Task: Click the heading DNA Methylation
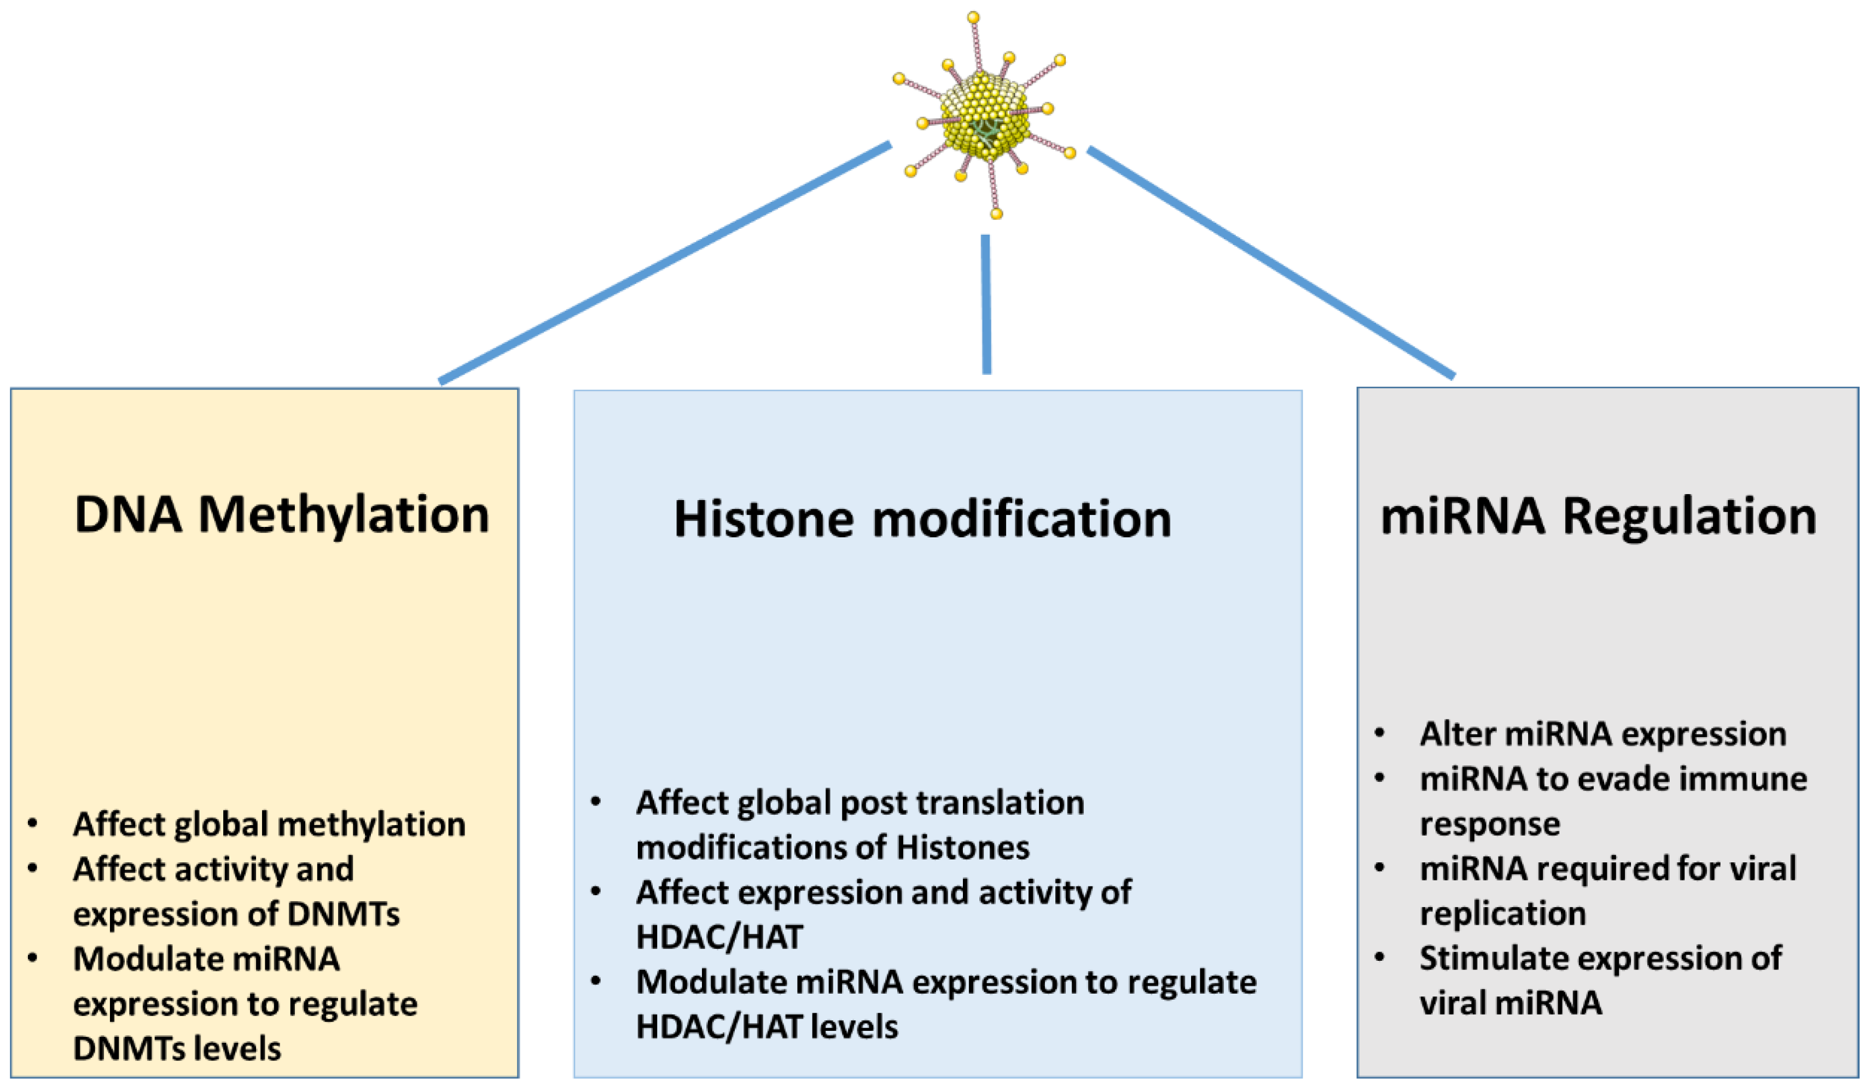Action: (x=281, y=514)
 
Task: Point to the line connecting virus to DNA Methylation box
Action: (x=664, y=263)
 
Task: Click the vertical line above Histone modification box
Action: (x=985, y=304)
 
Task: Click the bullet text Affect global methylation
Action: (x=269, y=824)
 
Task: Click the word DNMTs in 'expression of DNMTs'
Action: (x=343, y=914)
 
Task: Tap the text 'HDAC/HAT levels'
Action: (x=766, y=1027)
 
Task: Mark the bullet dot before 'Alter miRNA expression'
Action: (x=1379, y=734)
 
